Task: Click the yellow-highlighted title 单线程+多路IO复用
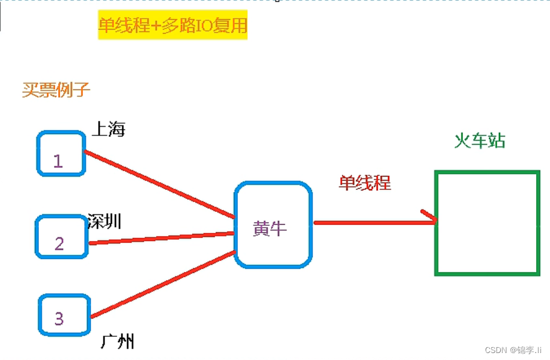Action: (x=173, y=26)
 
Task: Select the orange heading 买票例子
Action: (x=56, y=90)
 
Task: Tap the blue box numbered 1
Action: (x=61, y=153)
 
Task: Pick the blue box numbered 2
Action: (x=61, y=236)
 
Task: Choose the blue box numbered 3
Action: (x=64, y=315)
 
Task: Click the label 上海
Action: (x=108, y=129)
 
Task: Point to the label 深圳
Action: (x=105, y=221)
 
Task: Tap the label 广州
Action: (x=117, y=341)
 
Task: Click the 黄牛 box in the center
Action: (x=273, y=224)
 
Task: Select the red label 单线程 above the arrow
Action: (x=365, y=183)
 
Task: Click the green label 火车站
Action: (x=479, y=141)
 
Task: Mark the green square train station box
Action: (x=487, y=222)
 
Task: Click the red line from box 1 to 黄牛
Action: (x=160, y=185)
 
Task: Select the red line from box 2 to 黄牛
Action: (x=161, y=238)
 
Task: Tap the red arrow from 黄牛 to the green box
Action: (x=371, y=222)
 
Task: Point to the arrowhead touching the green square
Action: (x=430, y=218)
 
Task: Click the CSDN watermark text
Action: (x=513, y=350)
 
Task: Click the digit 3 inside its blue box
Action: (x=59, y=318)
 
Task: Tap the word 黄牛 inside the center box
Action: (x=270, y=229)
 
